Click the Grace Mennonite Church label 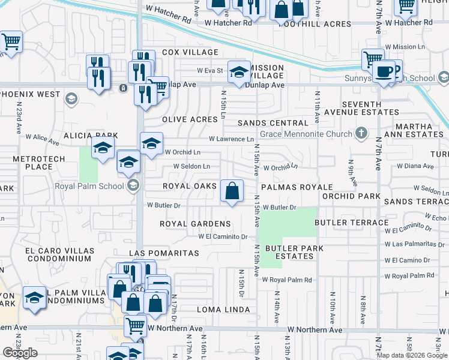tap(306, 133)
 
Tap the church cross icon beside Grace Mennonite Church tap(361, 133)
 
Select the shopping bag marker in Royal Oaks tap(232, 191)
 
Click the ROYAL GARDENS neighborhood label tap(195, 224)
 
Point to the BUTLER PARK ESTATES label tap(294, 252)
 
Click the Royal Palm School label tap(91, 185)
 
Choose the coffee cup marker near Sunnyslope tap(384, 72)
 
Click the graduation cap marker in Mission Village tap(239, 73)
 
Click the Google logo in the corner tap(19, 353)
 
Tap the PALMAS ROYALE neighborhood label tap(297, 187)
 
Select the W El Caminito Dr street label tap(223, 236)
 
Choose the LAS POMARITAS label tap(163, 254)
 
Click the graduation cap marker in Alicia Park tap(103, 148)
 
